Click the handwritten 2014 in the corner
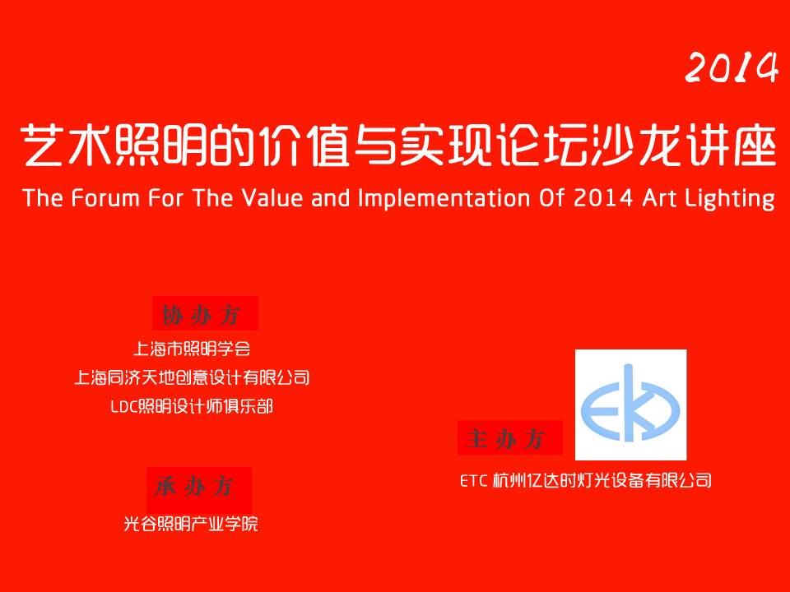[x=732, y=67]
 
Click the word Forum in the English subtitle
[x=105, y=198]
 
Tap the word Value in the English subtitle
[x=272, y=198]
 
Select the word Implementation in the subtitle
[x=444, y=199]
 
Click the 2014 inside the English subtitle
[x=603, y=198]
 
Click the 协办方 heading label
[x=201, y=315]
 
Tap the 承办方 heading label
[x=194, y=486]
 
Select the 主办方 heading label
[x=505, y=438]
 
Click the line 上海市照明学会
[x=192, y=349]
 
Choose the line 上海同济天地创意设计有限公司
[x=192, y=377]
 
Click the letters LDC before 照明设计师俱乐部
[x=124, y=407]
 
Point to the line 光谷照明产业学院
[x=191, y=524]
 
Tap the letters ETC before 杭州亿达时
[x=474, y=481]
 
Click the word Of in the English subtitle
[x=551, y=198]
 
